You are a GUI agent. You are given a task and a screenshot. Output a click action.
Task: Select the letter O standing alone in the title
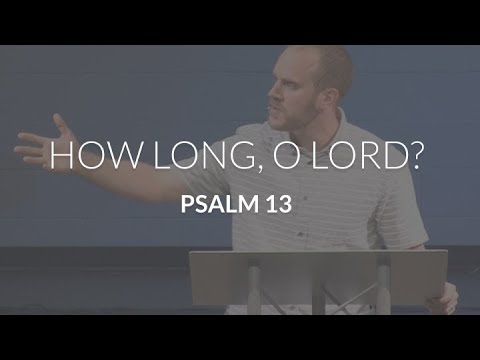(x=271, y=159)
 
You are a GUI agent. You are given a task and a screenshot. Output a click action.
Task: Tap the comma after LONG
(x=233, y=172)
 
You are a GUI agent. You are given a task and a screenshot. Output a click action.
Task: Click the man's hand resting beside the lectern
(x=443, y=297)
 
